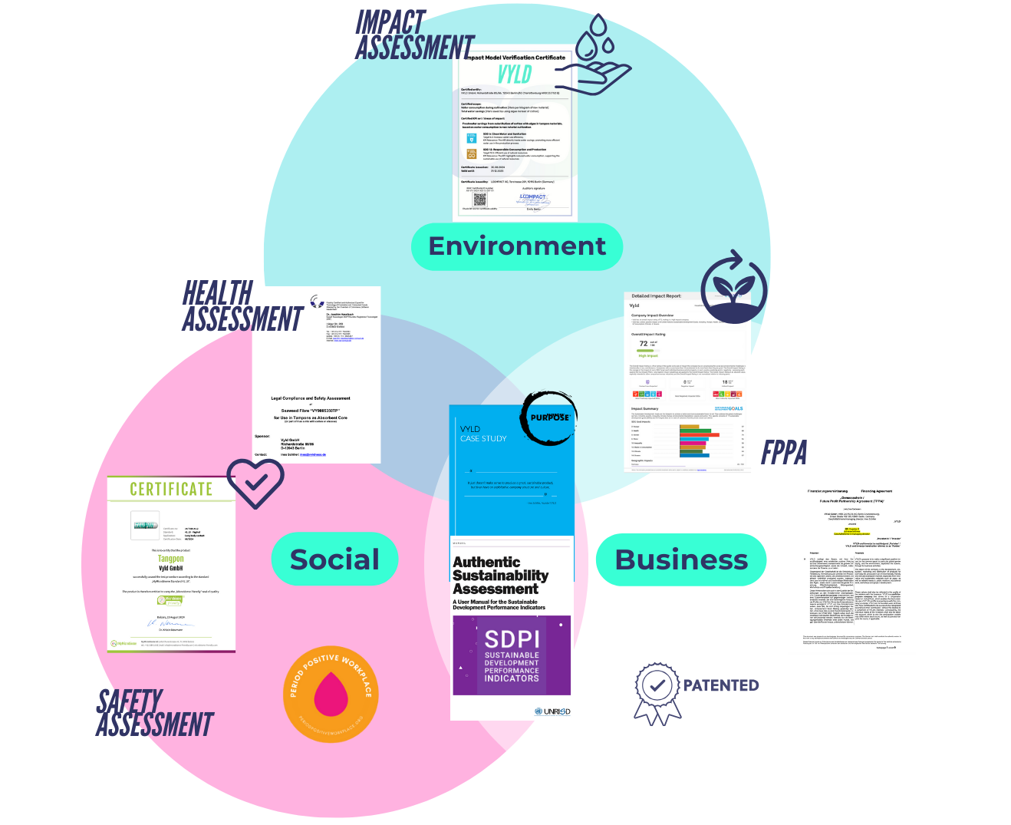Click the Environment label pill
(516, 246)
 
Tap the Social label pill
(334, 559)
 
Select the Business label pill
(681, 559)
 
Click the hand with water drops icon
(602, 57)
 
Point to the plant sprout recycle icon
(733, 287)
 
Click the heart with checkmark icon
(255, 482)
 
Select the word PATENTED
(721, 685)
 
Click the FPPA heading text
(784, 454)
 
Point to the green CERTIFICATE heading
(171, 490)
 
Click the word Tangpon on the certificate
(171, 559)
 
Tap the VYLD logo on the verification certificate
(515, 74)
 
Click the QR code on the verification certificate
(479, 200)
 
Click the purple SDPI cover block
(512, 655)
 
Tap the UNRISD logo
(553, 711)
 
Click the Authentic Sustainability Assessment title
(500, 576)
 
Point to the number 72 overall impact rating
(644, 343)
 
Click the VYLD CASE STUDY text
(483, 434)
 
